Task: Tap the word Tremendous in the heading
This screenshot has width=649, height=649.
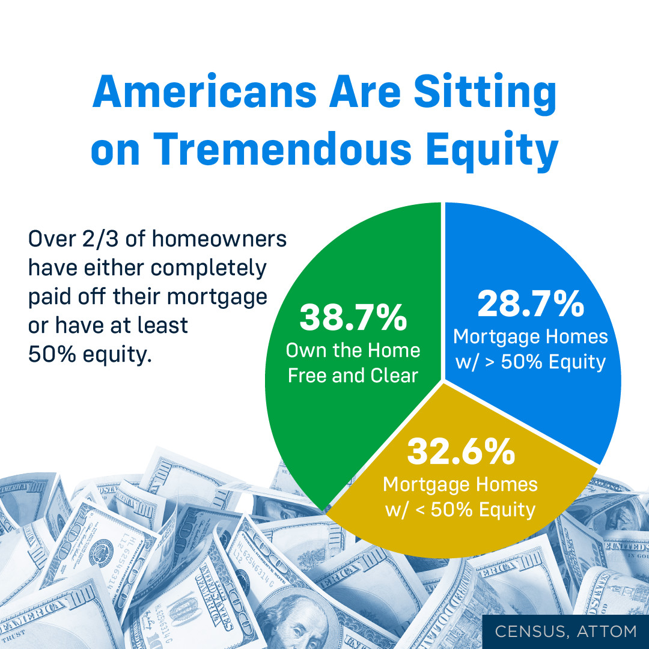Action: (282, 149)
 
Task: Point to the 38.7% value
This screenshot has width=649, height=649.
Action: (353, 317)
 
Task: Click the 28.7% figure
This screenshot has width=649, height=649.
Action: (531, 304)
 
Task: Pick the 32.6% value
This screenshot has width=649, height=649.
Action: (461, 451)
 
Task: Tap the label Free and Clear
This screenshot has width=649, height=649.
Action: (353, 376)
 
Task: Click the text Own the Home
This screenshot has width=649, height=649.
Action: (353, 350)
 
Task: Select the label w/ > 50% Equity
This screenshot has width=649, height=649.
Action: (531, 362)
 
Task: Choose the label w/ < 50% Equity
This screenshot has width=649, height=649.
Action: (460, 510)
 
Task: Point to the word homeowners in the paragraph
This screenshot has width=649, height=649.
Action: (219, 239)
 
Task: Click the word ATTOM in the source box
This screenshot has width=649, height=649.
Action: (607, 632)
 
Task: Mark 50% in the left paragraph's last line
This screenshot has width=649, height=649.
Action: (52, 355)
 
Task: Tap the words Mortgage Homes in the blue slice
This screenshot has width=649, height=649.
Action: (531, 337)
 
